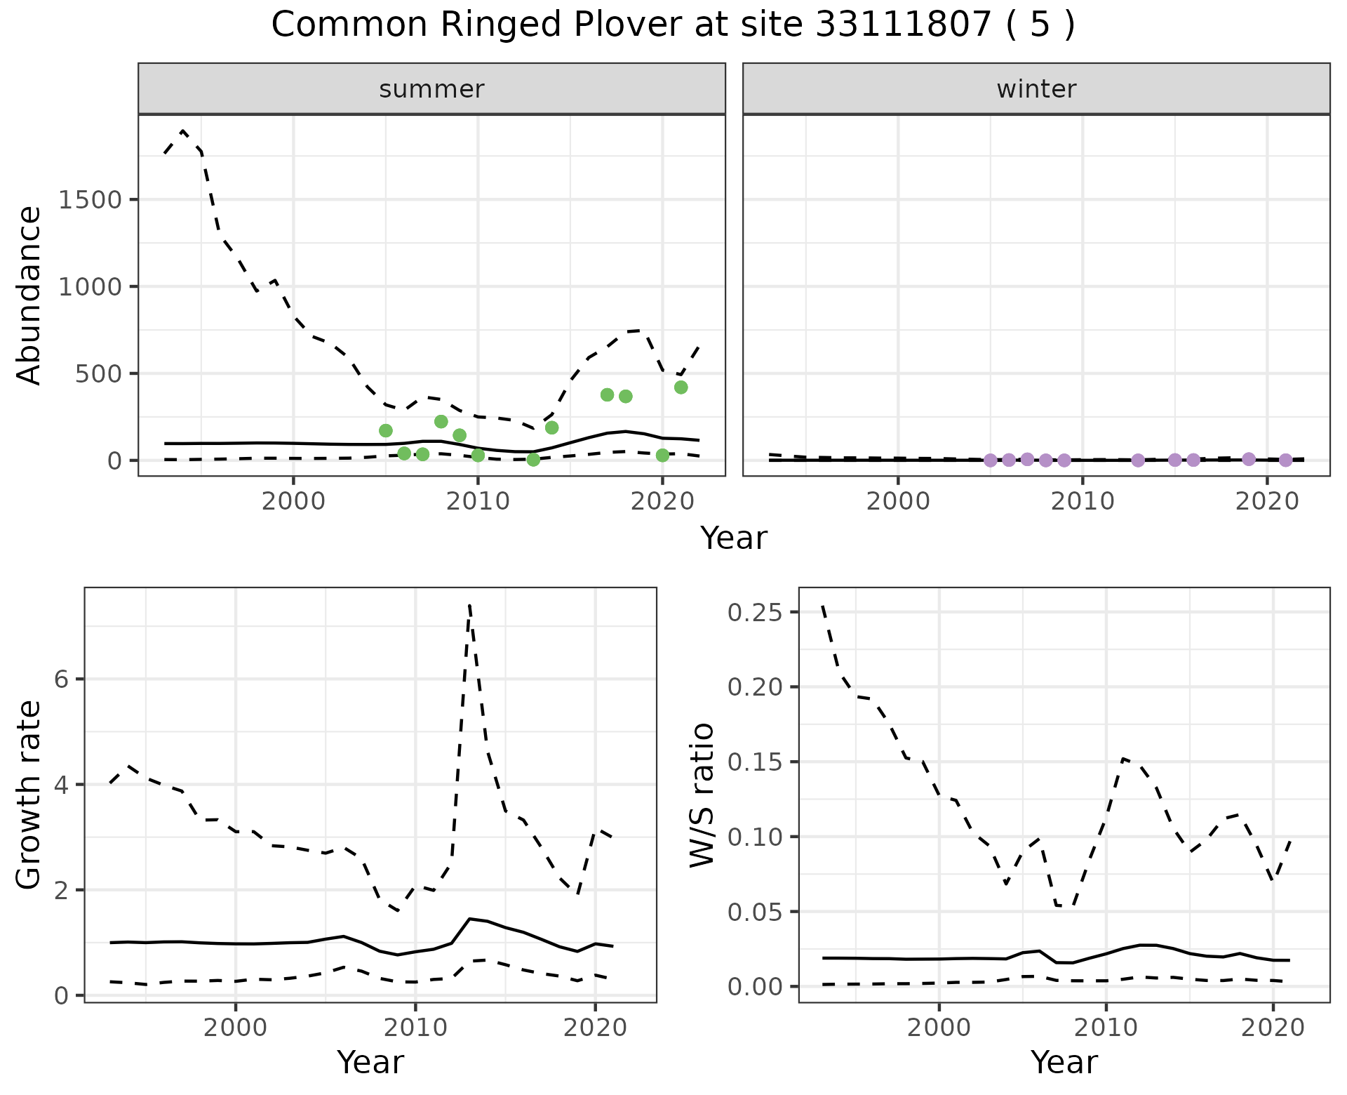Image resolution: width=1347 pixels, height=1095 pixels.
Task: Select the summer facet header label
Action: pos(431,89)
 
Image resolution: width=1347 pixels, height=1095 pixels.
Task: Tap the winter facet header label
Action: pos(1036,89)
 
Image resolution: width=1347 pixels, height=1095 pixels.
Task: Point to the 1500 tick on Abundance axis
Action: pos(90,200)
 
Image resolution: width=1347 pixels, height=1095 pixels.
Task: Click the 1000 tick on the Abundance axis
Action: pos(90,287)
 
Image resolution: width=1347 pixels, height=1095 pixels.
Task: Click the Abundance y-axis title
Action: pos(29,295)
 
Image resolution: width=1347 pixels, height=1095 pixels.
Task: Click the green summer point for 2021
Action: pos(681,387)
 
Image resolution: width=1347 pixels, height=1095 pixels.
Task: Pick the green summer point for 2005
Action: pos(385,430)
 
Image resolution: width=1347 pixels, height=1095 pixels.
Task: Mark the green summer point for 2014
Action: pos(551,427)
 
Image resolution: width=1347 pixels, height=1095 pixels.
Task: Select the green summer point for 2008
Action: pos(441,421)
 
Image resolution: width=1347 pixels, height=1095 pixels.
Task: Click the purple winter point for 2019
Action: pos(1248,459)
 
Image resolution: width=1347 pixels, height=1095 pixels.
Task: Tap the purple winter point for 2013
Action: pos(1138,460)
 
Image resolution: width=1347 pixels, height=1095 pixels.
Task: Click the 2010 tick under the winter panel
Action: pos(1082,502)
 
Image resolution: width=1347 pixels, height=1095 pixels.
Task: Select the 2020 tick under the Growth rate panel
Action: pos(595,1029)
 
